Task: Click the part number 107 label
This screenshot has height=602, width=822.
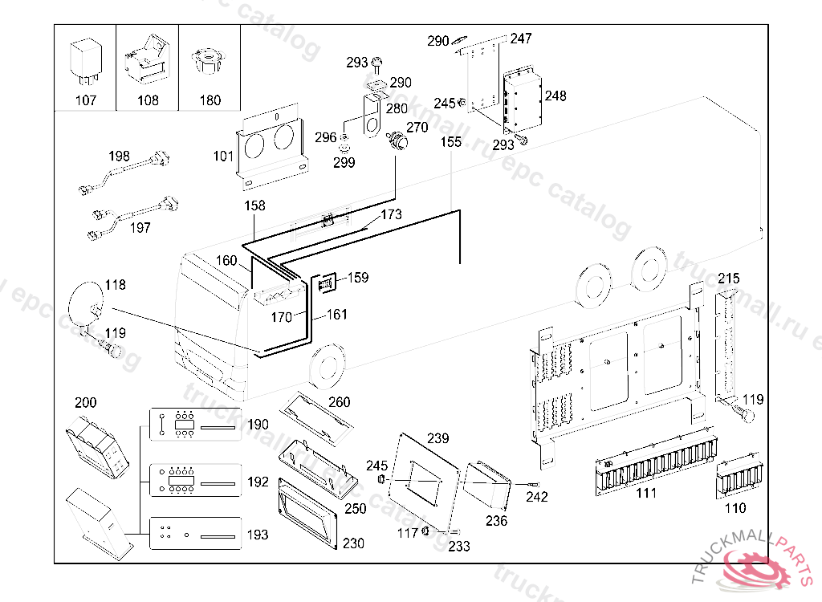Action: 85,100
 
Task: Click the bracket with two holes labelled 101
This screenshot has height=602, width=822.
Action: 272,151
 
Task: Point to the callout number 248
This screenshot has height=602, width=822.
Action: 555,96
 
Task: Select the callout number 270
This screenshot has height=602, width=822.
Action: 417,127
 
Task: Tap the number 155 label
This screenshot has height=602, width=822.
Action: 451,142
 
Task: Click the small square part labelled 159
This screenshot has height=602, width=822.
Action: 327,284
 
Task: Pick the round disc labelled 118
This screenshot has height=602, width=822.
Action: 86,303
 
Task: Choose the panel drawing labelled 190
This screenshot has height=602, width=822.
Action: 196,425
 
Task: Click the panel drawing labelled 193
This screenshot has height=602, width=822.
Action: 196,533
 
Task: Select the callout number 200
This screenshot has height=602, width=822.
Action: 85,402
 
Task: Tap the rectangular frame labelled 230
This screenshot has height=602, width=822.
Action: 309,515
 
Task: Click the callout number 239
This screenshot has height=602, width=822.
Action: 437,438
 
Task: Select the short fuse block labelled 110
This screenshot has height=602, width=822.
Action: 738,479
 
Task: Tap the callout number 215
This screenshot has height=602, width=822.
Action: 728,278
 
